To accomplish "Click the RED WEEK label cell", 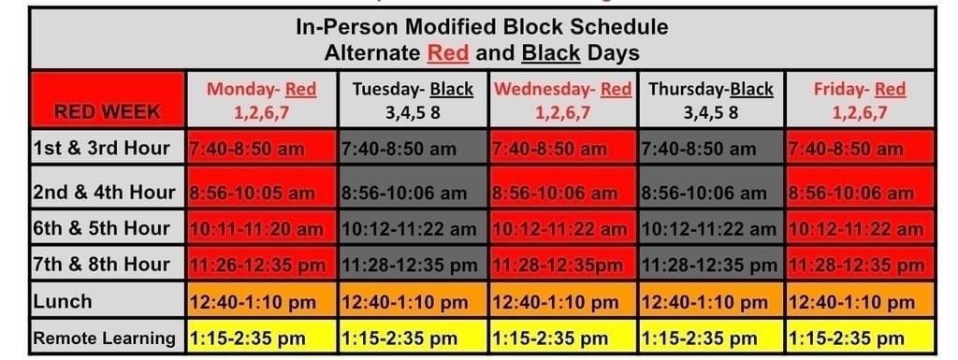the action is [x=108, y=99].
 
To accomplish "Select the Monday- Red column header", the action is [x=262, y=99].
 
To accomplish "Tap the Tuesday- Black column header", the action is [x=413, y=99].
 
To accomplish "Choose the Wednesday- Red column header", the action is [x=563, y=99].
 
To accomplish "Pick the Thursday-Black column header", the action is [x=711, y=99].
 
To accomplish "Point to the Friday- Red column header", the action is [x=860, y=99].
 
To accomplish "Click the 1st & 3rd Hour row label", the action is [x=108, y=147].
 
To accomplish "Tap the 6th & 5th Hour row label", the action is [x=108, y=227].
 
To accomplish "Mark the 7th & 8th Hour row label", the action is [x=108, y=264].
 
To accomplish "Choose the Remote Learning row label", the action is [x=108, y=337].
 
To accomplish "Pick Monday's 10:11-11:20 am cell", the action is [x=262, y=227].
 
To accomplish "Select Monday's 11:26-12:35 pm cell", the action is [x=262, y=264].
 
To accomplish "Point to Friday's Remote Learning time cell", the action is [x=860, y=337].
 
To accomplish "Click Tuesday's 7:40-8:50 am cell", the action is [x=413, y=147].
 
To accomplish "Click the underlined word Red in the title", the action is [x=448, y=53].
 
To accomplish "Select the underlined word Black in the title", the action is [x=550, y=53].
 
